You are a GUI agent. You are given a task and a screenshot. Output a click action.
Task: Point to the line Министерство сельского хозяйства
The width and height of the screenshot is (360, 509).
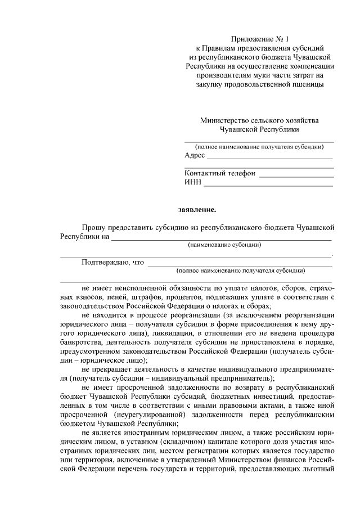pos(259,120)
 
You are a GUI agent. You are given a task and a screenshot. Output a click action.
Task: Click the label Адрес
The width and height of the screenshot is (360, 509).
pos(194,155)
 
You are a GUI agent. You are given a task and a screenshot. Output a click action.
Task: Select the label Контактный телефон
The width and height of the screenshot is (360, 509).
pos(220,173)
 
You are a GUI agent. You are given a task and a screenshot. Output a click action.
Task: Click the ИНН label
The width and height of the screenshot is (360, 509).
pos(193,183)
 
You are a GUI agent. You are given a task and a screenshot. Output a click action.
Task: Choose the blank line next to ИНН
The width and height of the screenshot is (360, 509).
pos(268,186)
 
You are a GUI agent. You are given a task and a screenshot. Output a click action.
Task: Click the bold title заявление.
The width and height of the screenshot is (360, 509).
pos(197,210)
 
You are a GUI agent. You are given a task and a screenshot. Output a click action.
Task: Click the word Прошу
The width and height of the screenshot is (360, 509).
pos(93,227)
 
